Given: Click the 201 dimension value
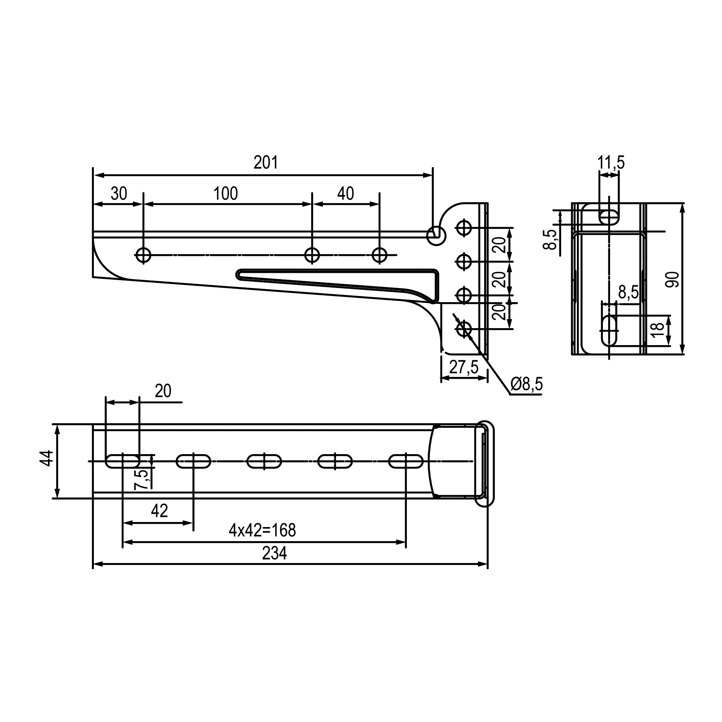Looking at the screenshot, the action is pos(266,162).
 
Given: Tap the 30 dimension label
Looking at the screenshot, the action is pos(119,193).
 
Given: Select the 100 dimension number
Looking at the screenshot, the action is pos(226,193).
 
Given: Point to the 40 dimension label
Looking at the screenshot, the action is pos(346,193).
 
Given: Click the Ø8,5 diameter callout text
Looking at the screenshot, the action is pos(527,384).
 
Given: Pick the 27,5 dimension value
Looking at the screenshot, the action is pos(464,367).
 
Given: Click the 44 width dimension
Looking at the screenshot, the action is pos(47,458).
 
